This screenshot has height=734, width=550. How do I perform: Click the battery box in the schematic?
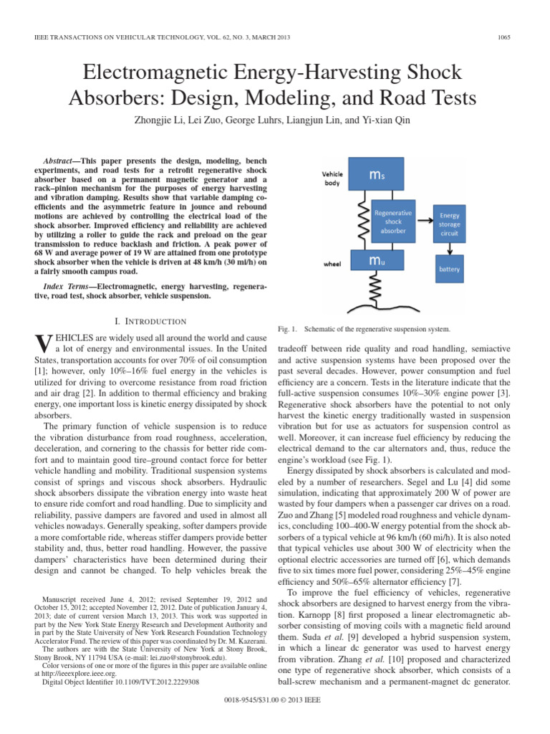[449, 270]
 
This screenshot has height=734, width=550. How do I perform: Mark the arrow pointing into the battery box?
[450, 247]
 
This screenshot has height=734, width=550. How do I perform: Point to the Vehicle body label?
[332, 178]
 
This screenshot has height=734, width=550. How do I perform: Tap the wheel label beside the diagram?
[332, 263]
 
